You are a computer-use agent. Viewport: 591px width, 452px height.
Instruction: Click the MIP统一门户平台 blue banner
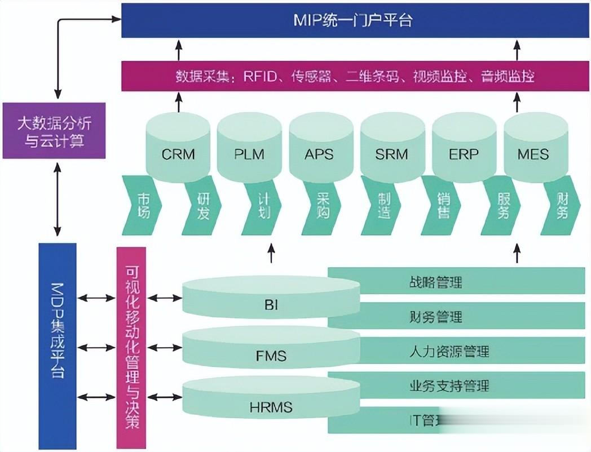coord(355,21)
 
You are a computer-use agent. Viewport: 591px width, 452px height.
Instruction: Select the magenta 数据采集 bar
coord(355,76)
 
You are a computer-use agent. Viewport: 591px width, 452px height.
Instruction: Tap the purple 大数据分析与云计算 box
coord(54,130)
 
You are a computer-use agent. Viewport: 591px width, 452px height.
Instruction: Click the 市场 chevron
coord(142,206)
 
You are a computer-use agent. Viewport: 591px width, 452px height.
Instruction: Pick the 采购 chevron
coord(321,206)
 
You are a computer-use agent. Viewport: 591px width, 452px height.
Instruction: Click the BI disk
coord(271,302)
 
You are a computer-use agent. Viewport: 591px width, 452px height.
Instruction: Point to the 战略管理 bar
coord(457,281)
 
